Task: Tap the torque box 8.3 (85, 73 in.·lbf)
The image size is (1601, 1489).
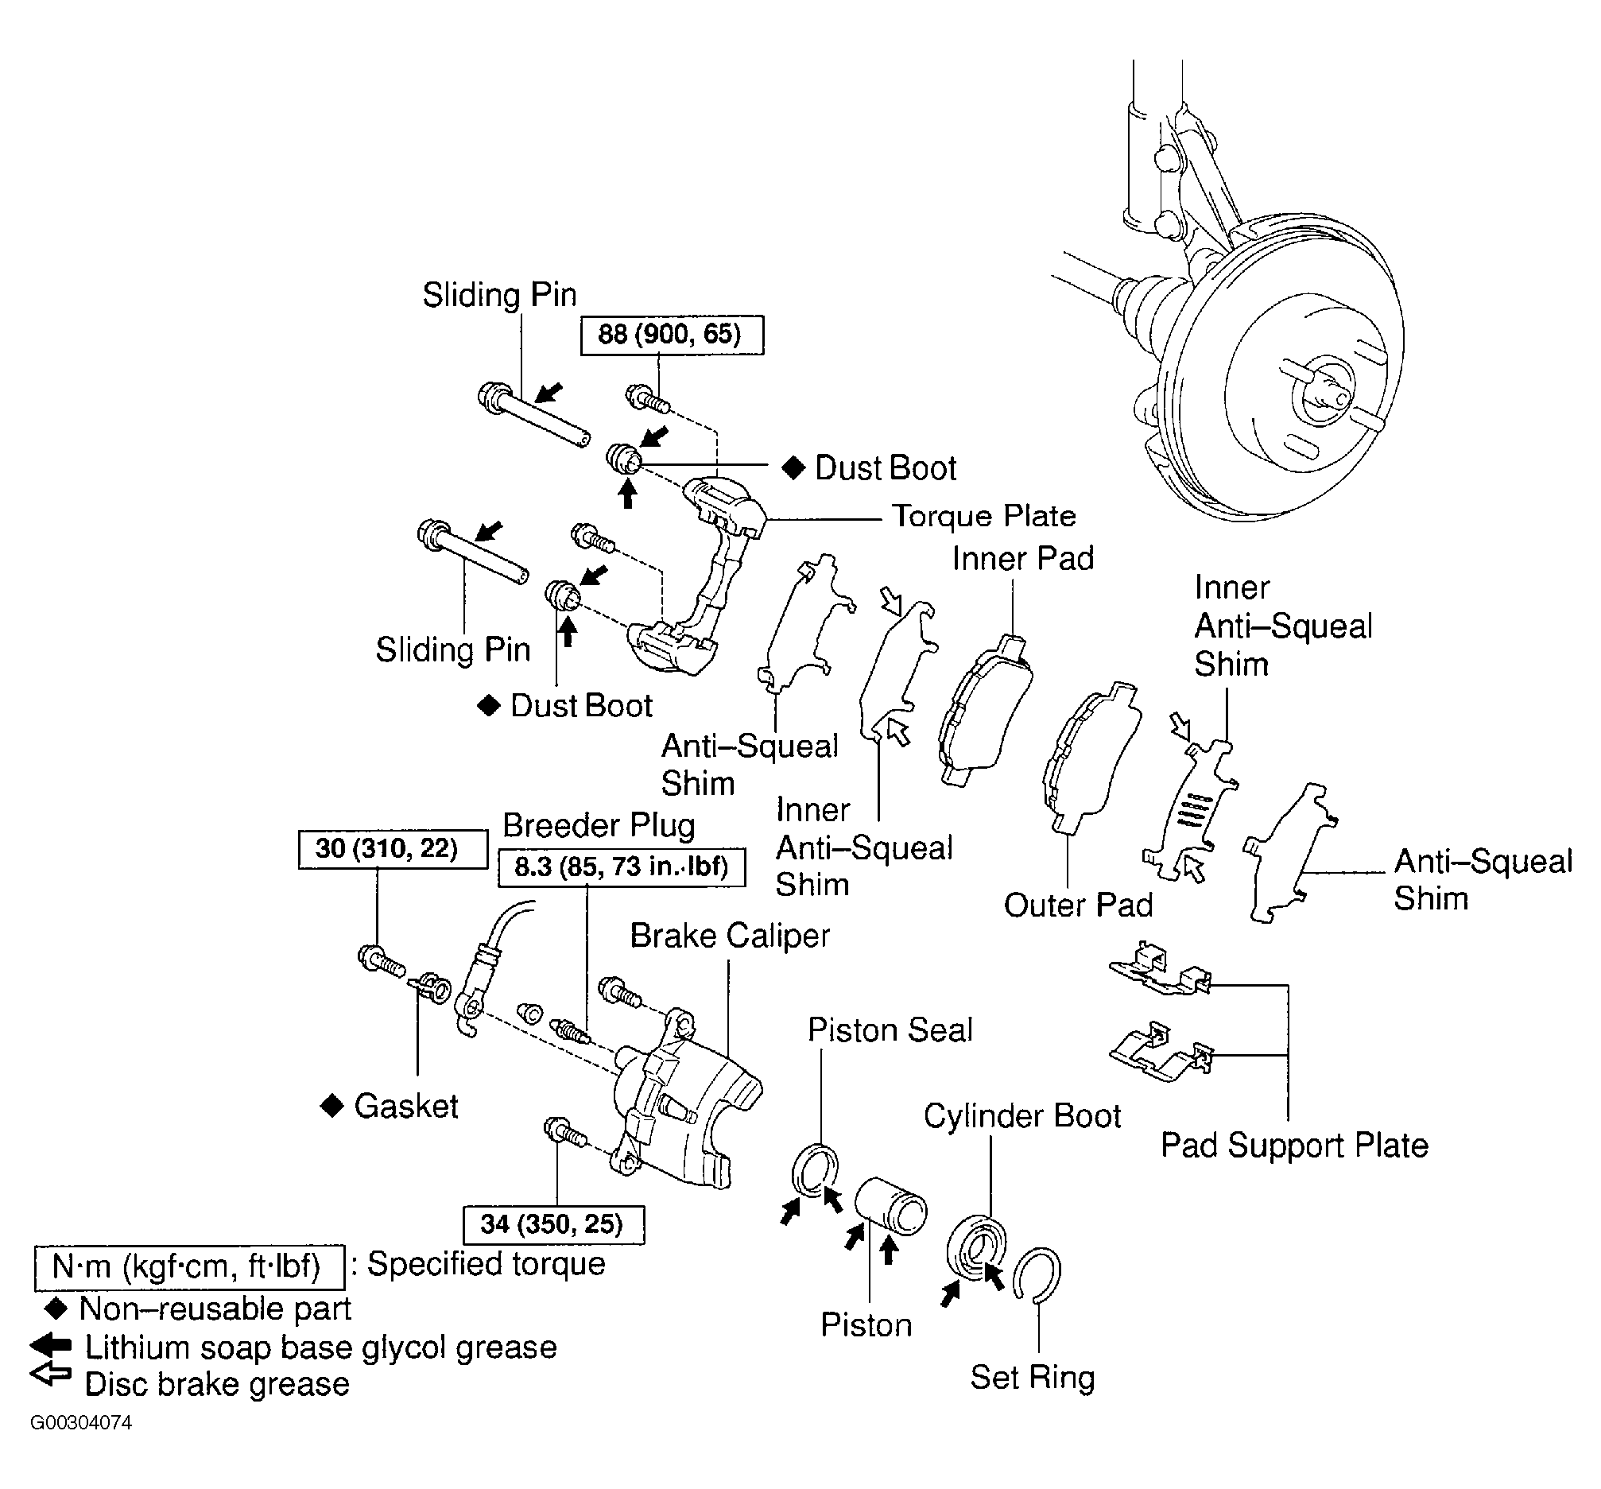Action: click(622, 867)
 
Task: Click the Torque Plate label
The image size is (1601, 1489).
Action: click(984, 516)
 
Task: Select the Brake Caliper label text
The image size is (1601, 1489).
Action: click(730, 936)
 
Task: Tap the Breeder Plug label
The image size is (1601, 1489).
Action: click(599, 826)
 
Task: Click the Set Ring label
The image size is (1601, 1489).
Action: click(1033, 1378)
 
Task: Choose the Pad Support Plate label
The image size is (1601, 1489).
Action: click(1294, 1145)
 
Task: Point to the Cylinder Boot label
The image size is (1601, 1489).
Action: click(1022, 1116)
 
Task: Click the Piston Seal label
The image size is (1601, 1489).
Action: click(890, 1030)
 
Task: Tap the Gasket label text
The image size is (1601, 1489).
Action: click(406, 1107)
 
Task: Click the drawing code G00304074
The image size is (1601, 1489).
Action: click(80, 1423)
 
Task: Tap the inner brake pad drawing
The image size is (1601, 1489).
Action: click(985, 711)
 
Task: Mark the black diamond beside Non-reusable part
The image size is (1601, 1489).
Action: click(56, 1309)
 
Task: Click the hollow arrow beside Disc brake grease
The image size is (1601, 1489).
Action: click(51, 1374)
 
